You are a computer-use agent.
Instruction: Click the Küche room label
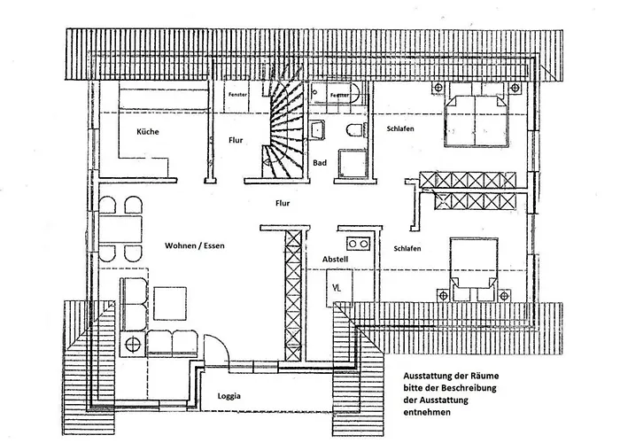(148, 132)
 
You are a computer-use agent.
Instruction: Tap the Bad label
(320, 162)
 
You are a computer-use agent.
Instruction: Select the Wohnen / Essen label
(195, 245)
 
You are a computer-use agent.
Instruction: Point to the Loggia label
(229, 396)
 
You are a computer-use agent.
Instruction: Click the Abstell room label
(336, 260)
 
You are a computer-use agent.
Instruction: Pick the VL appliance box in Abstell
(339, 288)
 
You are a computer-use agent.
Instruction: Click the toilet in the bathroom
(354, 129)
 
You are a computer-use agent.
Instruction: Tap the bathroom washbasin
(316, 130)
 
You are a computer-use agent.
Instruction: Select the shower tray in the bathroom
(352, 163)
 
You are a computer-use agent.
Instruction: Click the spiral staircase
(283, 129)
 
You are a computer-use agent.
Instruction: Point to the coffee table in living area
(170, 303)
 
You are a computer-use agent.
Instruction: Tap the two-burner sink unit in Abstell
(358, 244)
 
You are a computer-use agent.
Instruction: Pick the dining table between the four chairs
(120, 229)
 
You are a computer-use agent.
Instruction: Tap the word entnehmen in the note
(427, 412)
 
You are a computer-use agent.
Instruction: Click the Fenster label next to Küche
(237, 95)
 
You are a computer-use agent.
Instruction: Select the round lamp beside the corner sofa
(133, 344)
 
